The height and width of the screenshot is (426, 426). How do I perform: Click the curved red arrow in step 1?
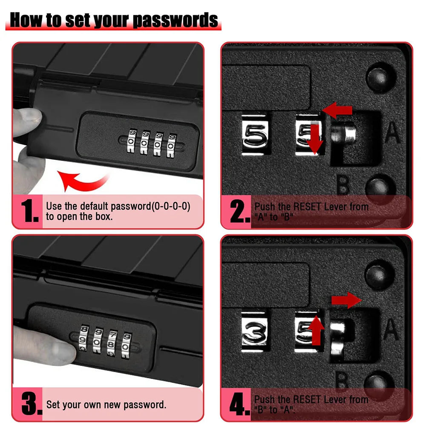point(81,181)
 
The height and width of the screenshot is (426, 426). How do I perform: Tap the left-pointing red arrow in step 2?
point(338,111)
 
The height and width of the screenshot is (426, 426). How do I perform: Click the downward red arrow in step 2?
point(315,138)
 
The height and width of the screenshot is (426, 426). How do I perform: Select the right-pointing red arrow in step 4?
point(346,300)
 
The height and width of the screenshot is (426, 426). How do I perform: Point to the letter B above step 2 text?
point(343,184)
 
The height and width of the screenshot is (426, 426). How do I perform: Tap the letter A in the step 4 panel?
point(391,329)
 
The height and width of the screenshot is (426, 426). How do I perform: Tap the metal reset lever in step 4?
point(339,337)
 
